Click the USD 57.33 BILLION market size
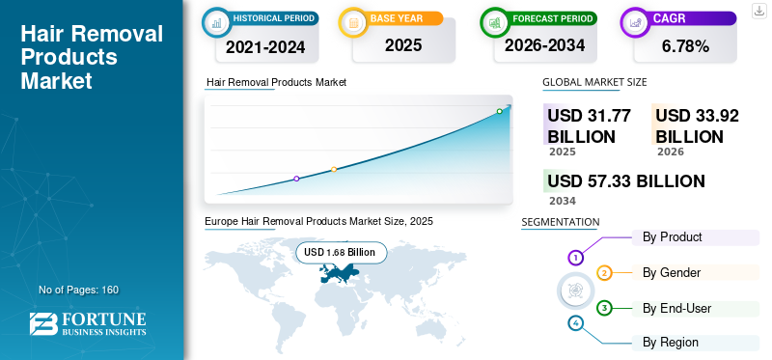pyautogui.click(x=625, y=181)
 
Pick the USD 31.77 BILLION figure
pyautogui.click(x=589, y=125)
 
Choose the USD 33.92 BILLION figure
pyautogui.click(x=697, y=125)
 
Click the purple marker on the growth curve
pyautogui.click(x=296, y=179)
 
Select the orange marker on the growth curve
pyautogui.click(x=334, y=170)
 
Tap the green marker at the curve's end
pyautogui.click(x=499, y=112)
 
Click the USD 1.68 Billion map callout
pyautogui.click(x=342, y=252)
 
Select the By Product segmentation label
pyautogui.click(x=672, y=237)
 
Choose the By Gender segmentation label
pyautogui.click(x=672, y=273)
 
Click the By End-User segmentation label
pyautogui.click(x=676, y=308)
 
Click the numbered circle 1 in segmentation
pyautogui.click(x=575, y=258)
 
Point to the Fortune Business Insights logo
pyautogui.click(x=90, y=324)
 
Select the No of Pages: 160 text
pyautogui.click(x=78, y=290)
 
